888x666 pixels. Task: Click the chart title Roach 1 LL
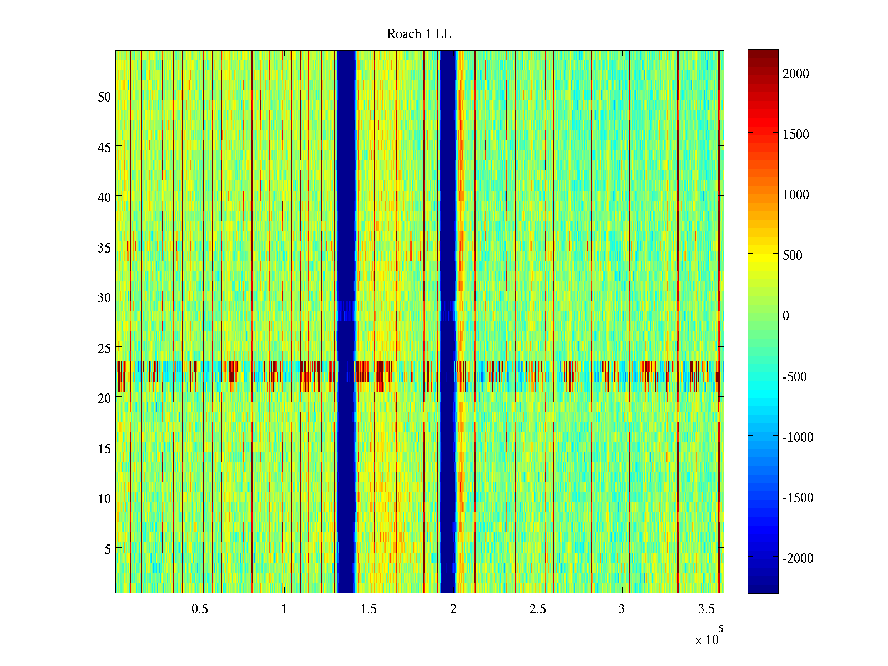click(x=418, y=34)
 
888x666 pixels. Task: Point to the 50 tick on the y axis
click(x=104, y=97)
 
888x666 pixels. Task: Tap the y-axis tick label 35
click(x=104, y=248)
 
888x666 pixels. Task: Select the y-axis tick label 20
click(x=104, y=398)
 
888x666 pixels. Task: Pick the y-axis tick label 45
click(x=104, y=147)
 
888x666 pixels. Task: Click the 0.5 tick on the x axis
click(x=200, y=609)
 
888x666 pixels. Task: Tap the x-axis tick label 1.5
click(x=369, y=609)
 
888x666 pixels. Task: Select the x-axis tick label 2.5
click(x=537, y=609)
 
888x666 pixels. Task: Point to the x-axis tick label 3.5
click(x=706, y=609)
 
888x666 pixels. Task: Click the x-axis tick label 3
click(x=622, y=609)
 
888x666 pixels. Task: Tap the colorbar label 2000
click(x=796, y=74)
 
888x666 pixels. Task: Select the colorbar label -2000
click(x=798, y=558)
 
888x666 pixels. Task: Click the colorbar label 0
click(x=786, y=316)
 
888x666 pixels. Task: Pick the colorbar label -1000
click(x=798, y=437)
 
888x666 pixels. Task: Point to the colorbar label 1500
click(x=796, y=134)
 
